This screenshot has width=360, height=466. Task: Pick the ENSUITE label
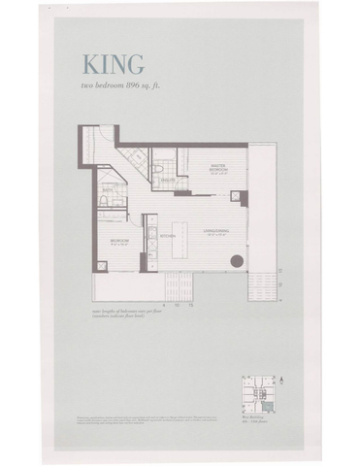pos(168,179)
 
